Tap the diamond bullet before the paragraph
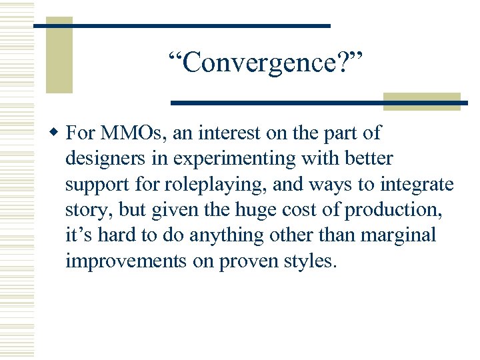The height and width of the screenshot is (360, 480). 57,133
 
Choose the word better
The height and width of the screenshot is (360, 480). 369,159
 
